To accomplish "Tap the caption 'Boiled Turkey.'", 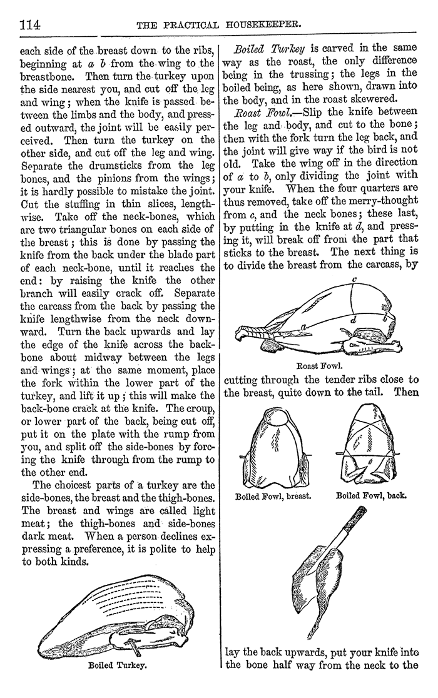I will (x=118, y=665).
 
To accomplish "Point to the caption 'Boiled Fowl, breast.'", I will (x=273, y=498).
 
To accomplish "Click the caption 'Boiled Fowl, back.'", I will (x=372, y=497).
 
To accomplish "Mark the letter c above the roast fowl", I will (x=354, y=281).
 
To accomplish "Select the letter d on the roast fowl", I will (x=354, y=320).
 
